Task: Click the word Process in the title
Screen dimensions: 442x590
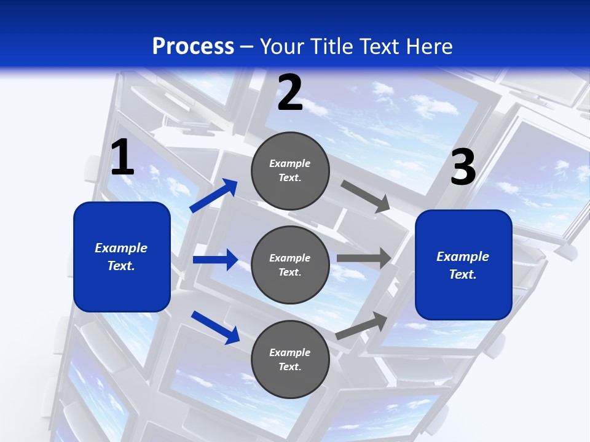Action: (x=193, y=46)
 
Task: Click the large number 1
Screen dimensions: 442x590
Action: (x=122, y=158)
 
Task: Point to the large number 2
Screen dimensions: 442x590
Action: (x=290, y=93)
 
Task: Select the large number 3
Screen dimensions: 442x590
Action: (x=463, y=167)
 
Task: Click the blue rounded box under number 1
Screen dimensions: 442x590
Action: (x=122, y=257)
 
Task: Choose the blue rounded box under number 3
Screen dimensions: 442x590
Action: (x=463, y=265)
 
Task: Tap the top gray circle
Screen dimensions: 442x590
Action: (x=290, y=171)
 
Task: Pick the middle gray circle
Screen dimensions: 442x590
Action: (x=290, y=265)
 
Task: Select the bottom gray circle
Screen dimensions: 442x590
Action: (x=290, y=360)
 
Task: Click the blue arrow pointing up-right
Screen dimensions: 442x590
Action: (x=214, y=196)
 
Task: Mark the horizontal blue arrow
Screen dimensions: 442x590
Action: (x=215, y=260)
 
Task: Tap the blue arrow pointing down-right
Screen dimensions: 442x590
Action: (x=215, y=327)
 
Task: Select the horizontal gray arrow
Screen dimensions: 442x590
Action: (x=364, y=258)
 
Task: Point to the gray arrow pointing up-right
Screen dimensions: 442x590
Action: (x=362, y=325)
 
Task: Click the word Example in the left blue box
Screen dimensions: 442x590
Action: (x=121, y=248)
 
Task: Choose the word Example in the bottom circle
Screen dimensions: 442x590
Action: (x=290, y=352)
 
